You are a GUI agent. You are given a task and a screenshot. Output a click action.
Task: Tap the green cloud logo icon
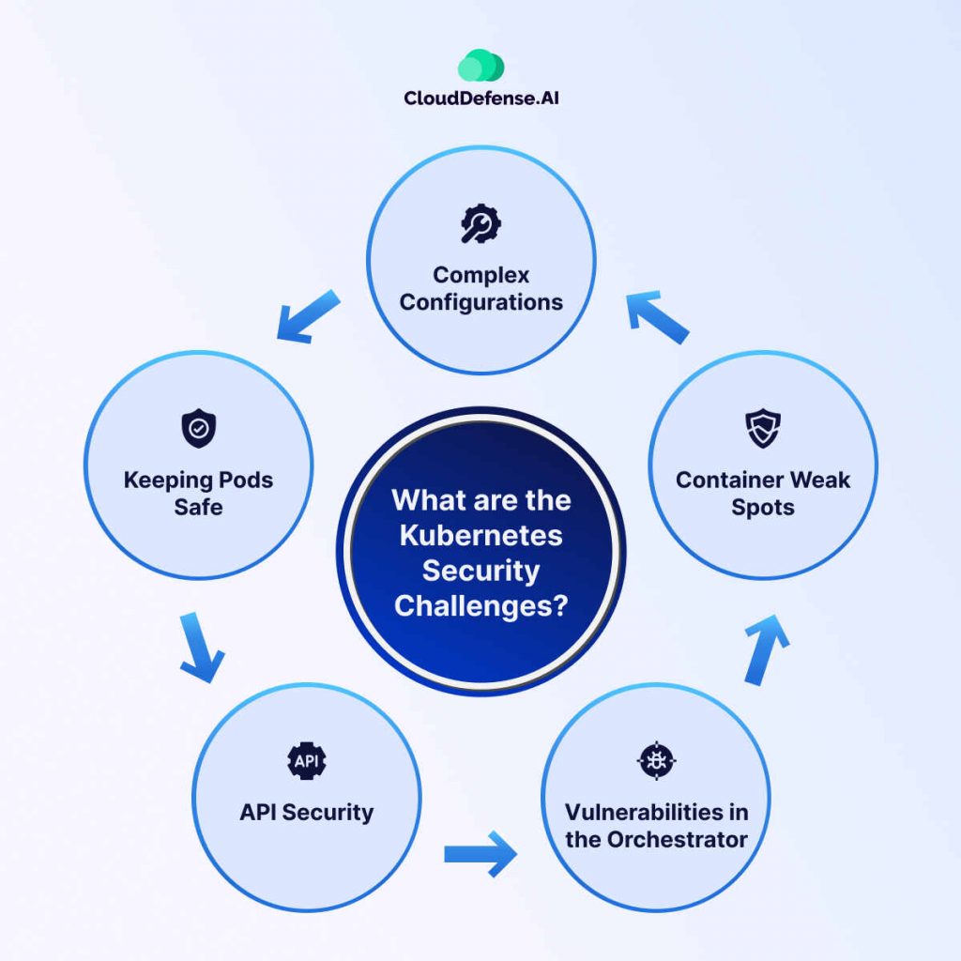point(480,66)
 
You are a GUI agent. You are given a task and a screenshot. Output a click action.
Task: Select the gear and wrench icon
point(480,223)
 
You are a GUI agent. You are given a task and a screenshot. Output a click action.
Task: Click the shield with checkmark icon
point(198,429)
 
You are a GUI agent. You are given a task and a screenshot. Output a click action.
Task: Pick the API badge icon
point(306,761)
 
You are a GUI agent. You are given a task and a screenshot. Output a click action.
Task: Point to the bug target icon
point(656,761)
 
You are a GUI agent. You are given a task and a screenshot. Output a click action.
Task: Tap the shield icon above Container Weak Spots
point(762,429)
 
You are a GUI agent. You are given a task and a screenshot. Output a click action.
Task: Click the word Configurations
point(480,302)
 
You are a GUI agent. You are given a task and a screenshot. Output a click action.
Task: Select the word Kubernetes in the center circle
point(480,535)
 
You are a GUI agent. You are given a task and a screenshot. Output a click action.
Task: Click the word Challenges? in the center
point(480,605)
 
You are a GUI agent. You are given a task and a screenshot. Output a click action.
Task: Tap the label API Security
point(306,812)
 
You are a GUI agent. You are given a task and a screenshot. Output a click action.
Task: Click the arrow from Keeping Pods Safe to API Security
point(201,648)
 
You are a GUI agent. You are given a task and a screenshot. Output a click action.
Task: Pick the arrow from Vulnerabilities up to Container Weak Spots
point(767,648)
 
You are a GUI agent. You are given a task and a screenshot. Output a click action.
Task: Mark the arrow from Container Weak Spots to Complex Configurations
point(658,316)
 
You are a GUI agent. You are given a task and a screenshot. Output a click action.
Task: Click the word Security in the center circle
point(480,570)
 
